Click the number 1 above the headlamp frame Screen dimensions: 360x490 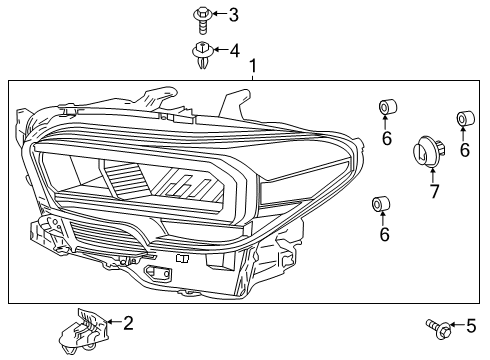253,66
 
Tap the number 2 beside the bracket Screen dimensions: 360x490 127,323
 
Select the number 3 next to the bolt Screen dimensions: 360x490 233,14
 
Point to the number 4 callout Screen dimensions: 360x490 233,49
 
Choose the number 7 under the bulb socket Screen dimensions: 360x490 434,191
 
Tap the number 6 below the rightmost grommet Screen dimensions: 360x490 464,150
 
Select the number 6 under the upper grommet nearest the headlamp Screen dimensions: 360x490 386,138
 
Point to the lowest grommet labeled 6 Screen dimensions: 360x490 380,206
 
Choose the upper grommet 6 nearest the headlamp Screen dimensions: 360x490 385,108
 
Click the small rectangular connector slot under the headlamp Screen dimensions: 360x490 156,271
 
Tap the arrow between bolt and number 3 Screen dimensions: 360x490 218,15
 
